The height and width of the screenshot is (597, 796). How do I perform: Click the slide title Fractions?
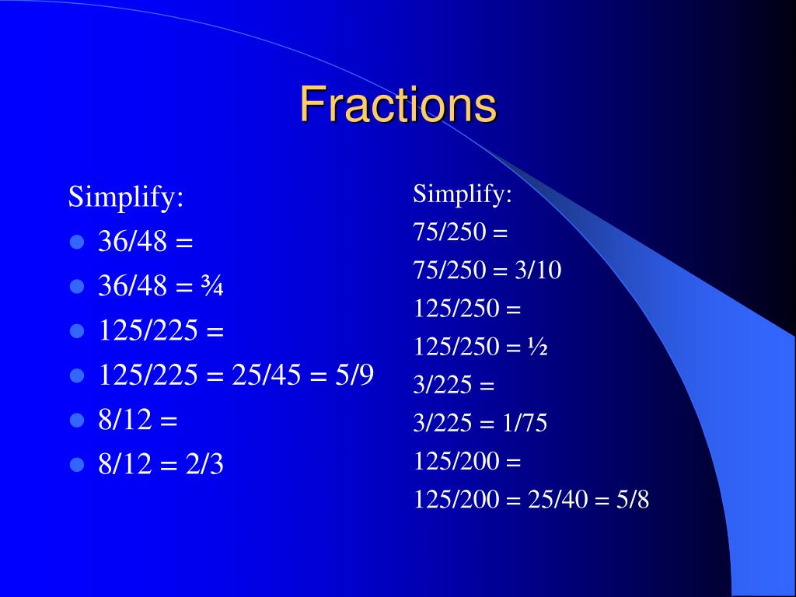click(398, 104)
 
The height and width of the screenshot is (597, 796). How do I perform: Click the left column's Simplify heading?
click(126, 197)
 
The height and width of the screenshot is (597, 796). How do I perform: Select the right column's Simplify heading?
click(463, 194)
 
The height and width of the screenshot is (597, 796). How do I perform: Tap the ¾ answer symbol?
click(212, 286)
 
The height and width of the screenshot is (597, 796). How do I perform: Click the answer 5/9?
click(354, 375)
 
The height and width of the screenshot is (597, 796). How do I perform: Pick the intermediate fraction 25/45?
click(266, 375)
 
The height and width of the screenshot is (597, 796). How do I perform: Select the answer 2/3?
click(204, 464)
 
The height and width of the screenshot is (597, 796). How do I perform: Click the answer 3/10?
click(538, 270)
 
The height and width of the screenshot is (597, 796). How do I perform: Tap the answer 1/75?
click(525, 423)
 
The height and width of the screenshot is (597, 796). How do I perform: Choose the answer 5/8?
click(633, 500)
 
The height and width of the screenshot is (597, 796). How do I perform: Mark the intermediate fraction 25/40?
click(558, 500)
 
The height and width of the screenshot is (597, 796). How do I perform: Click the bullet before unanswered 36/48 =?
click(77, 242)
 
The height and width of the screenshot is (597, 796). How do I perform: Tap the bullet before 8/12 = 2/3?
click(77, 465)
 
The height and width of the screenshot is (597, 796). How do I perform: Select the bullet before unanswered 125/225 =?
click(77, 331)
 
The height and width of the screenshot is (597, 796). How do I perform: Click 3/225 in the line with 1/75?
click(442, 423)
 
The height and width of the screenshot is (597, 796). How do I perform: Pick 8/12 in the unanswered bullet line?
click(125, 420)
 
